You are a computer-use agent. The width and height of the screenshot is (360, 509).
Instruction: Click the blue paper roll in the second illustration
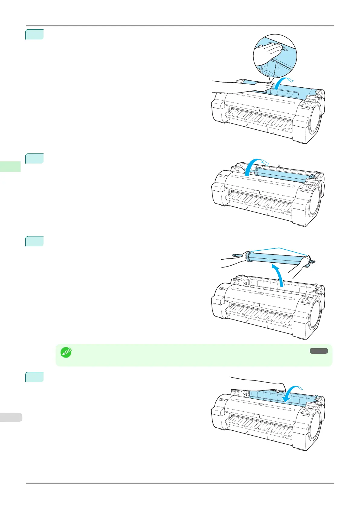click(x=283, y=175)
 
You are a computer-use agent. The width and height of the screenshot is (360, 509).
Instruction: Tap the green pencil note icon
click(x=66, y=352)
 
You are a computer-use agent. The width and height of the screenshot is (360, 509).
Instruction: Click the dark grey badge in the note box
click(x=318, y=351)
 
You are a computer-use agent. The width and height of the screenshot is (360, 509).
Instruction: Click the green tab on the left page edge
click(x=10, y=167)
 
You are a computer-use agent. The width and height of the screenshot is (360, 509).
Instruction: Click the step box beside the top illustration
click(x=34, y=34)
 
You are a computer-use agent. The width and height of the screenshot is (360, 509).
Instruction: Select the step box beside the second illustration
click(x=34, y=158)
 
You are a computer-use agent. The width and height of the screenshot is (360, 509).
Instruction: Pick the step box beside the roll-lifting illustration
click(x=34, y=241)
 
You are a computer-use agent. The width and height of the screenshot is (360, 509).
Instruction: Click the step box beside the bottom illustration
click(x=34, y=377)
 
